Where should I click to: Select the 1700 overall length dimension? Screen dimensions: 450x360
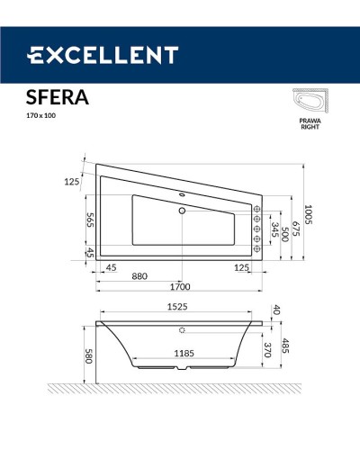click(180, 288)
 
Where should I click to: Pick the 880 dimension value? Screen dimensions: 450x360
click(139, 276)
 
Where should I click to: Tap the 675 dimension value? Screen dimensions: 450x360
click(294, 221)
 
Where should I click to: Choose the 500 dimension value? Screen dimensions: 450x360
click(283, 230)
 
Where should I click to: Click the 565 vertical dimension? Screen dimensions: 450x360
click(90, 220)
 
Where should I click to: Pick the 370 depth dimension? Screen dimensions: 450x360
click(267, 349)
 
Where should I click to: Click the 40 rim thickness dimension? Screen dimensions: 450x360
click(276, 310)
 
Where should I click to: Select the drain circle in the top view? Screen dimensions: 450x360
click(182, 211)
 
